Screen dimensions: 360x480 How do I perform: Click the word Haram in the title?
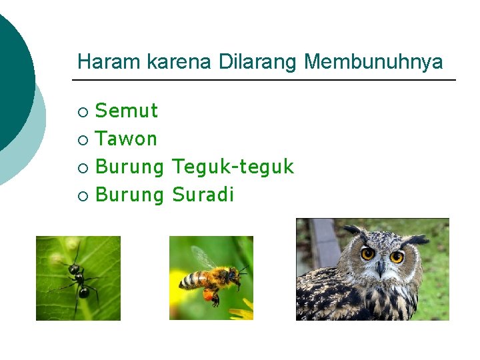click(99, 62)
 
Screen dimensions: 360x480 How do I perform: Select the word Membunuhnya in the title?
click(373, 62)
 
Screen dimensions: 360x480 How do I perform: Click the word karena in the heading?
click(168, 62)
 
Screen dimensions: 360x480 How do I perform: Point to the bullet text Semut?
click(127, 110)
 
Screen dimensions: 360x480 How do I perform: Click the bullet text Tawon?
click(126, 139)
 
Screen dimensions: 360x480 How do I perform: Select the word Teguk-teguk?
click(233, 167)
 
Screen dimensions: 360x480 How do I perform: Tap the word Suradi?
click(203, 195)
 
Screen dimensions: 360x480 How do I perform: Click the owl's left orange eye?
click(367, 253)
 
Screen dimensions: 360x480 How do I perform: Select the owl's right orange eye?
click(397, 257)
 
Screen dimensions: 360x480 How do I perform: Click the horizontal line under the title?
click(264, 81)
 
